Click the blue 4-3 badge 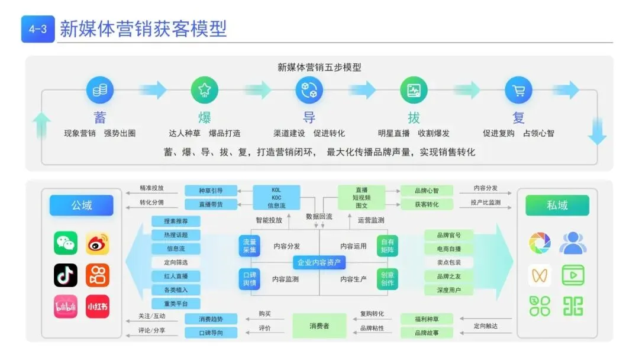coord(38,29)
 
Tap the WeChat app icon coord(66,243)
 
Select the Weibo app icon coord(98,243)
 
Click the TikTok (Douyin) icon coord(66,275)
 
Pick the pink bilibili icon coord(66,306)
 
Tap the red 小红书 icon coord(98,306)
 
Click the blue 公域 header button coord(82,205)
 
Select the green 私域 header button coord(557,205)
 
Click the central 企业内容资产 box coord(319,262)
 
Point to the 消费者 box coord(319,326)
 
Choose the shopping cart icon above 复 coord(518,91)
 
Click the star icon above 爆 coord(205,91)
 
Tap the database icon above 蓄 coord(100,91)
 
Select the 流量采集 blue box coord(250,246)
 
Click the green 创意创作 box coord(388,279)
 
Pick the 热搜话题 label coord(176,235)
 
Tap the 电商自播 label coord(448,249)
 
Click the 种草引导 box coord(211,191)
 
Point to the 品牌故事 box coord(427,333)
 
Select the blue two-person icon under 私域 coord(572,243)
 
